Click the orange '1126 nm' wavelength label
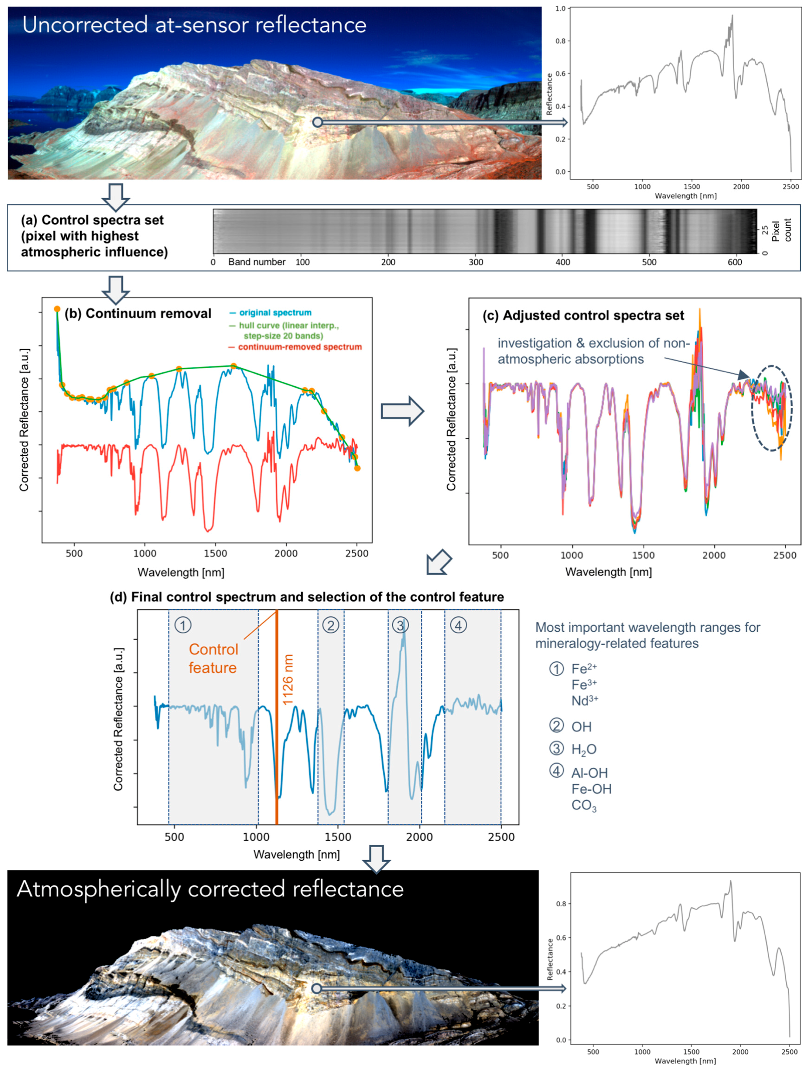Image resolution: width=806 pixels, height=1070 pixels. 288,679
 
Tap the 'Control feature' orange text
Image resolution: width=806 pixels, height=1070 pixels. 213,658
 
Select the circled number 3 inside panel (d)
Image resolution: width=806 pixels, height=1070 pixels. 400,625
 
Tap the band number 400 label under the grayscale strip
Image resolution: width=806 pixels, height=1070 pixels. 562,262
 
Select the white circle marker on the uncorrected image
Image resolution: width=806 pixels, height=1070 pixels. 317,122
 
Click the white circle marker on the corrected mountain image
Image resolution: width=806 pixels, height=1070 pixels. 317,988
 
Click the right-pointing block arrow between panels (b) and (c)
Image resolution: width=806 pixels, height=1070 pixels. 402,411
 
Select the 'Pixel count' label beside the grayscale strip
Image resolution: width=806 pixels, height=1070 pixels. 781,230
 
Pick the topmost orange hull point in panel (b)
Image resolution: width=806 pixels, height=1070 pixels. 57,309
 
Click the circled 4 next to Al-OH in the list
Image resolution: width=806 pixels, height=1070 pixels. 556,771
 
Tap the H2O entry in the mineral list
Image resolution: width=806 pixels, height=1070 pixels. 583,749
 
